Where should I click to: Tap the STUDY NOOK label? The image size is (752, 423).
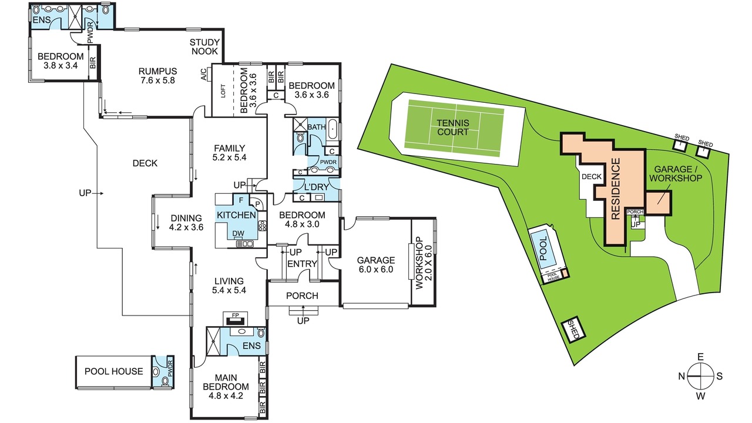pyautogui.click(x=204, y=46)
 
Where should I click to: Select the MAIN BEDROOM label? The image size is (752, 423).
pyautogui.click(x=226, y=387)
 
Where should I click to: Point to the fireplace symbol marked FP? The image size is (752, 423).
pyautogui.click(x=236, y=318)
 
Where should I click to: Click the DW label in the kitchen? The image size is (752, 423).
pyautogui.click(x=238, y=233)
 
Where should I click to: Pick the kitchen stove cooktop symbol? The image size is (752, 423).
pyautogui.click(x=262, y=226)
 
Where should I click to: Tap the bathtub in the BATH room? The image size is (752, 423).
pyautogui.click(x=333, y=129)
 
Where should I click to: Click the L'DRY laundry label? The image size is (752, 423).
pyautogui.click(x=316, y=187)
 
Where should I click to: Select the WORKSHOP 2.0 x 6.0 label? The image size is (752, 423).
pyautogui.click(x=424, y=263)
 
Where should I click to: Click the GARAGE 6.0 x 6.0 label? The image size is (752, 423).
pyautogui.click(x=375, y=264)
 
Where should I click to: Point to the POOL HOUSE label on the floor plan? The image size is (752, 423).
pyautogui.click(x=114, y=371)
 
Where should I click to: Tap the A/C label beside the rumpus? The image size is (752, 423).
pyautogui.click(x=204, y=75)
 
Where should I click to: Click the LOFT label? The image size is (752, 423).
pyautogui.click(x=223, y=90)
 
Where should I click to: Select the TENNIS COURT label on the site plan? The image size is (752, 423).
pyautogui.click(x=453, y=127)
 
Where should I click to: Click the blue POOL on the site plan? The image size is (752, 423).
pyautogui.click(x=543, y=249)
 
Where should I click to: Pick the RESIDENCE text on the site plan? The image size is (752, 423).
pyautogui.click(x=616, y=189)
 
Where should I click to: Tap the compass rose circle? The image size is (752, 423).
pyautogui.click(x=700, y=377)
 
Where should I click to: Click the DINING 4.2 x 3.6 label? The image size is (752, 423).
pyautogui.click(x=186, y=223)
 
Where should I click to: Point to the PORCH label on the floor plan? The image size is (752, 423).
pyautogui.click(x=302, y=296)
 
